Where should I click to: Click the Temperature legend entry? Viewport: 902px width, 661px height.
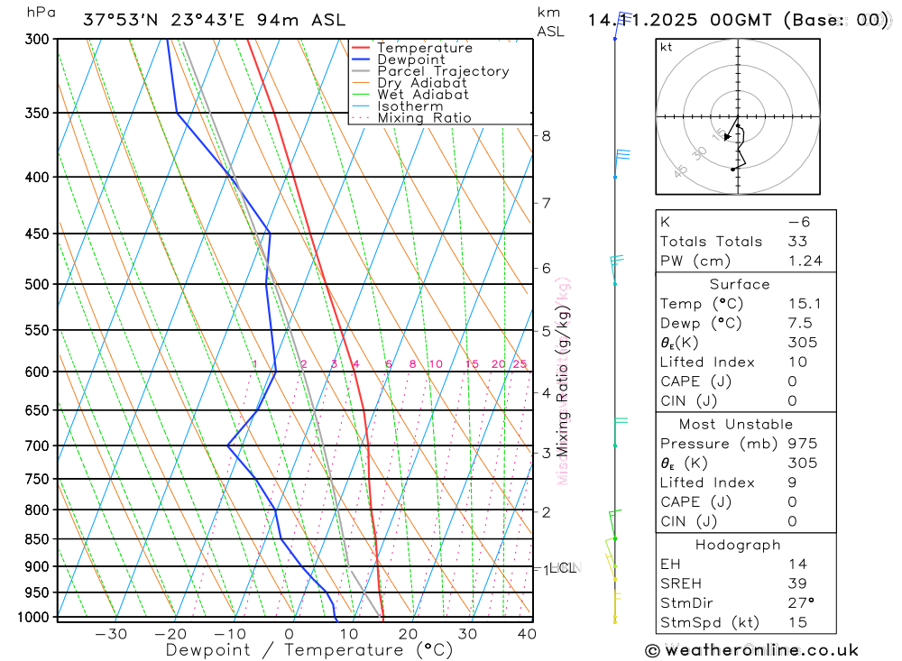tap(424, 48)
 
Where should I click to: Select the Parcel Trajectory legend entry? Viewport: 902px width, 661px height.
tap(443, 71)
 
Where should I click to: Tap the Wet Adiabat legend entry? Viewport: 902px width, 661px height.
tap(423, 95)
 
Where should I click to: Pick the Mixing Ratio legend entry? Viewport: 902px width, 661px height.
tap(424, 118)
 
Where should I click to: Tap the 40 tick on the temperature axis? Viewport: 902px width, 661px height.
tap(527, 634)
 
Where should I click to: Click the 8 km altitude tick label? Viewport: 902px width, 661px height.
tap(546, 136)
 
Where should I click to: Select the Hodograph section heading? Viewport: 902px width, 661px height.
tap(738, 545)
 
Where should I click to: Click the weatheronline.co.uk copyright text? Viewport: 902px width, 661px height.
tap(751, 650)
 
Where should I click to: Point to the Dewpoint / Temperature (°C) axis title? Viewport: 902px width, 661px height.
tap(309, 650)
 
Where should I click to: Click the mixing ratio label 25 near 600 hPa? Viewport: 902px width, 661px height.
tap(520, 364)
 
